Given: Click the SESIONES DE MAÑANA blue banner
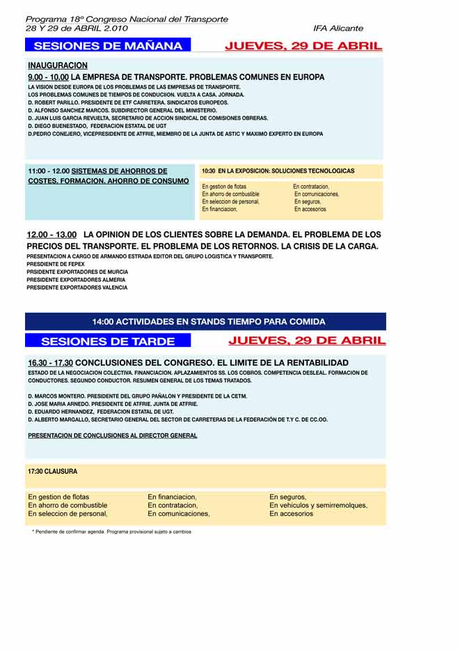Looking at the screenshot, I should [108, 46].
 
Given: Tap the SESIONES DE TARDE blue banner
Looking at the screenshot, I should [109, 341].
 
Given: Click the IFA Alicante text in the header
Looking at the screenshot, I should [338, 29].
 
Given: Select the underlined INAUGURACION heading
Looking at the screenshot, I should [58, 65].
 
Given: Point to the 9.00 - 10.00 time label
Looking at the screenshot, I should [48, 77].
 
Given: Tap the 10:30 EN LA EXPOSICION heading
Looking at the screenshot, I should [278, 171].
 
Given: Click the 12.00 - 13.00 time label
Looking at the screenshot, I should [51, 235].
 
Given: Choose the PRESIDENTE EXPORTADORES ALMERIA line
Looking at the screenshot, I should [77, 279].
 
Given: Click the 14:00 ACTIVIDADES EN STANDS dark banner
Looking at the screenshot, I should [208, 322].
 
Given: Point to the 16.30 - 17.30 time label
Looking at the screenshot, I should [50, 363].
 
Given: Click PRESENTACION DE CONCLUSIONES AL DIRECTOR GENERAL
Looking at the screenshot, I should [112, 435].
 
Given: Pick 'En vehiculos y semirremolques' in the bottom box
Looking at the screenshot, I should [318, 505].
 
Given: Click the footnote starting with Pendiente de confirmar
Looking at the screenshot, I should [111, 531].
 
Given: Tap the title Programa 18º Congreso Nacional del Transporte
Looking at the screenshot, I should [127, 19].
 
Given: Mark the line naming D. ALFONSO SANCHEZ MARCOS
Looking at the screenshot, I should [122, 110].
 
